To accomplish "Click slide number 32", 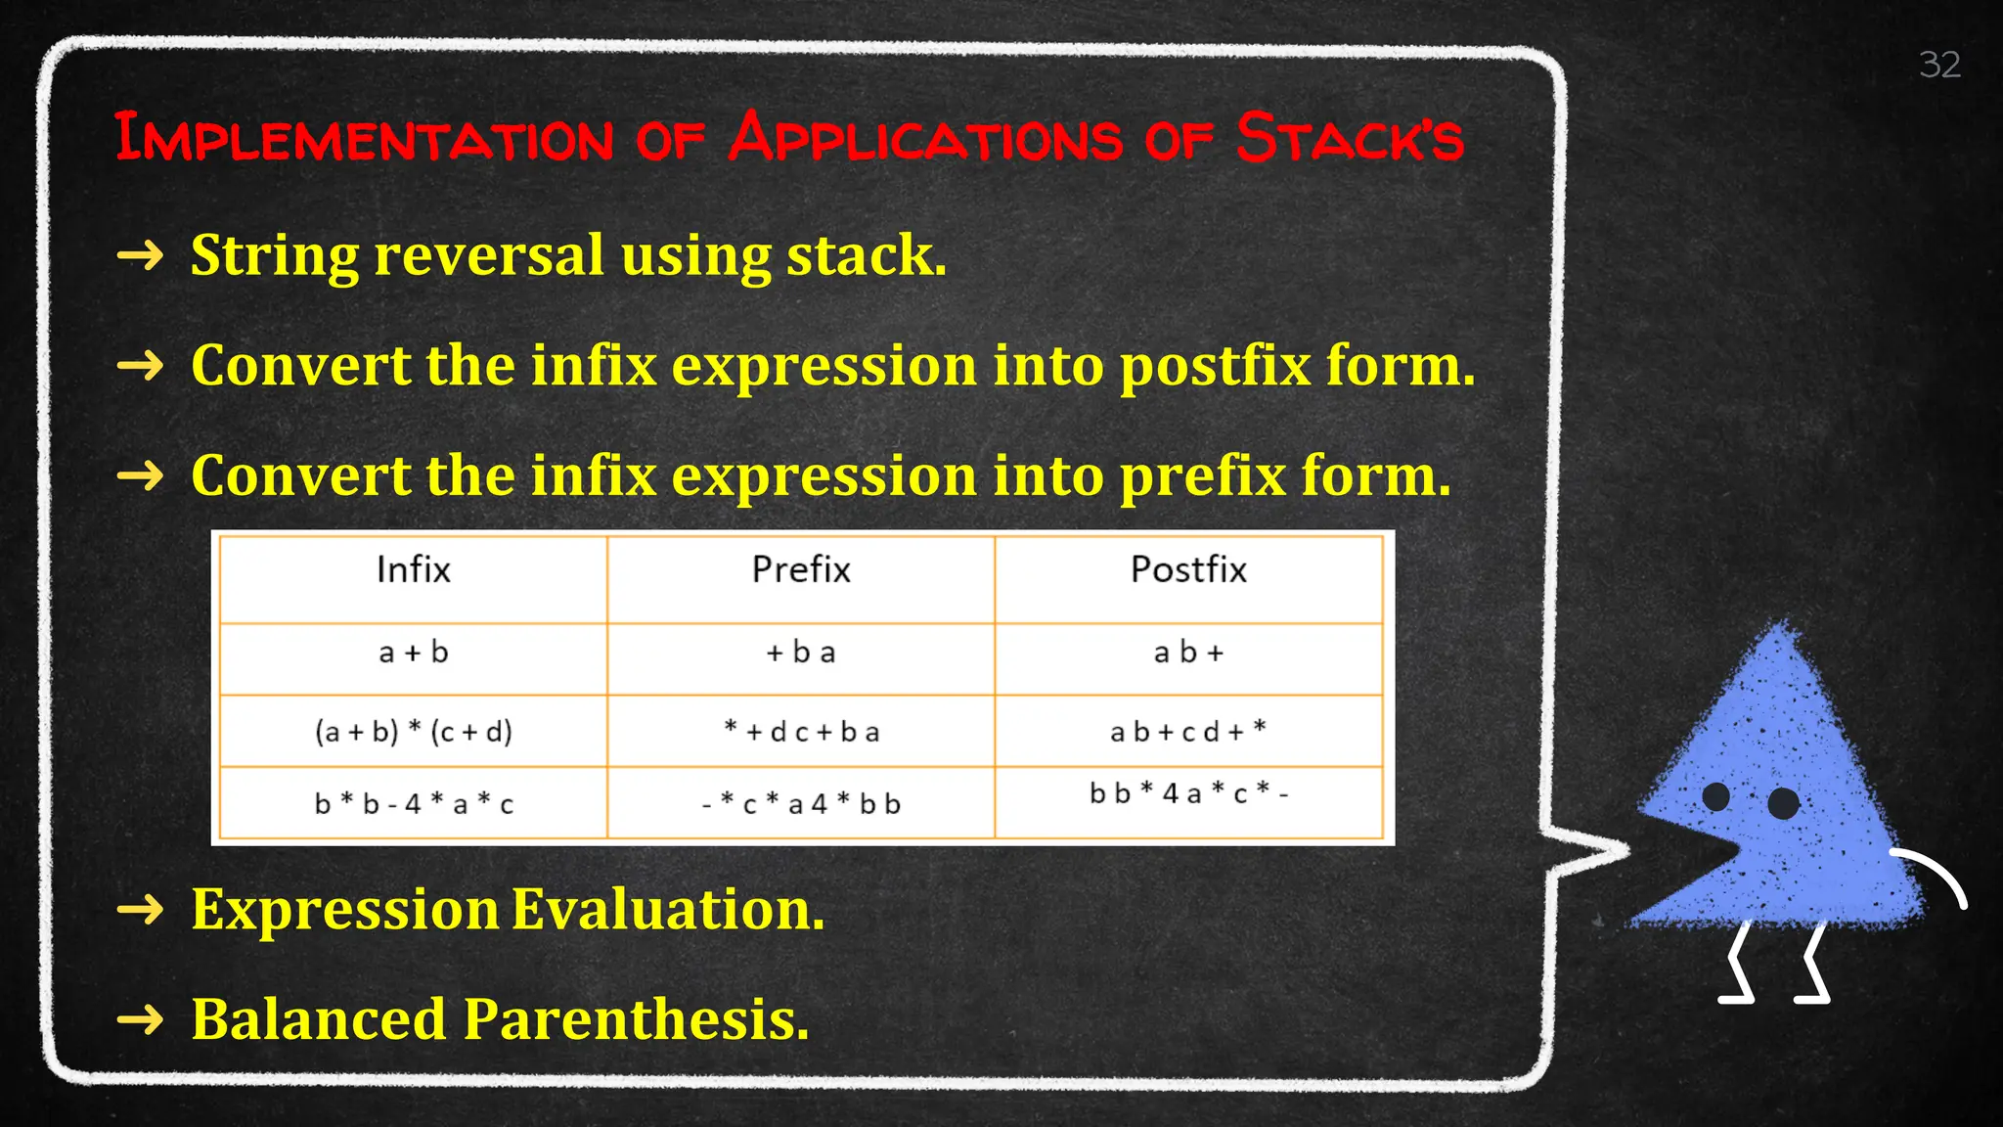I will point(1939,65).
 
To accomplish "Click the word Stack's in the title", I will point(1350,138).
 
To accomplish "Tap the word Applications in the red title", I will point(925,138).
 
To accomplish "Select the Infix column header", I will point(413,569).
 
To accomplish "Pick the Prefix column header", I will point(801,569).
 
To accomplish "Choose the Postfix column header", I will point(1188,569).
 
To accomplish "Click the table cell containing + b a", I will point(801,653).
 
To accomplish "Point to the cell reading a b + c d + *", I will point(1188,731).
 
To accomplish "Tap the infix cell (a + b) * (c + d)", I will point(413,731).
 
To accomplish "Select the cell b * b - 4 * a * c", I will point(413,804).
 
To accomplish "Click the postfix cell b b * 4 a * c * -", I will point(1188,793).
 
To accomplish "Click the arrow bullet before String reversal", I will point(140,256).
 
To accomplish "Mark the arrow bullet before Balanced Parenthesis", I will point(140,1020).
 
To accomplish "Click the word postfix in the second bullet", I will point(1214,367).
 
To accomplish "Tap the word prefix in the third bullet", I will point(1202,476).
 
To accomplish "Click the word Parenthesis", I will point(636,1020).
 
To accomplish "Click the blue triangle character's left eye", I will point(1715,796).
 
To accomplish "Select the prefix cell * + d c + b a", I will point(801,731).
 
